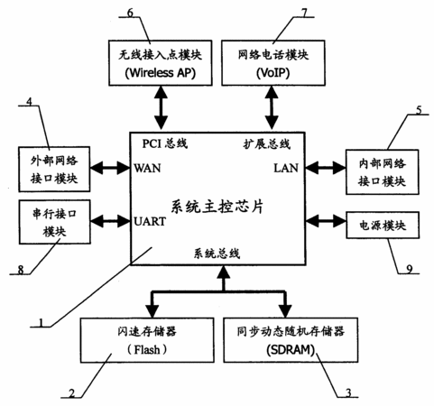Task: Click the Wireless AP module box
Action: coord(161,63)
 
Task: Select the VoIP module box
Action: coord(273,63)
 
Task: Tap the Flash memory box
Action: coord(147,340)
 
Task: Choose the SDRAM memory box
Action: coord(291,340)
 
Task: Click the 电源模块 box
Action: coord(383,226)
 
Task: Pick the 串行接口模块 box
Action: coord(54,222)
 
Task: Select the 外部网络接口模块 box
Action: coord(54,170)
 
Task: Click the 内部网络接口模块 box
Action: coord(383,172)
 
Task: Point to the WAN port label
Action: coord(147,168)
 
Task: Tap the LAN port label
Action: coord(286,168)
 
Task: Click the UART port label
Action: coord(150,221)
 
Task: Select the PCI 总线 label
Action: coord(165,143)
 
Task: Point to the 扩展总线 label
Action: coord(267,144)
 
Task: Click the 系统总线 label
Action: coord(217,254)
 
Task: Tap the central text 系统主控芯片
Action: coord(217,207)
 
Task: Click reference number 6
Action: coord(131,13)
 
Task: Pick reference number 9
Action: coord(410,269)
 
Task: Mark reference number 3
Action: coord(348,392)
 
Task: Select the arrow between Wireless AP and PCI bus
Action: coord(161,107)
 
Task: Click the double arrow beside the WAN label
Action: coord(110,168)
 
